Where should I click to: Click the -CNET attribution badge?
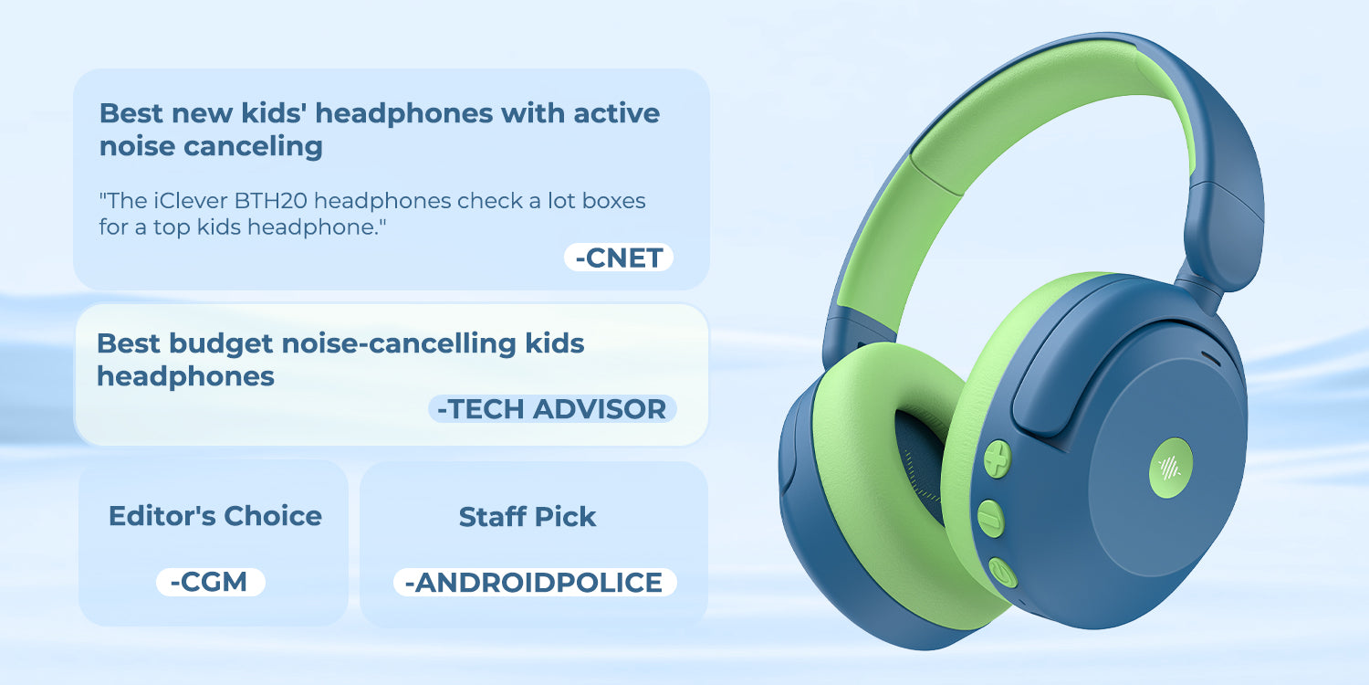(x=619, y=258)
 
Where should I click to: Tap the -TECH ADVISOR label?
(x=552, y=409)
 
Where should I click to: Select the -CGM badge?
(x=211, y=582)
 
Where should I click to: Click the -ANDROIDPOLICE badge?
(x=535, y=582)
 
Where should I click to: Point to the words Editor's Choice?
(x=215, y=516)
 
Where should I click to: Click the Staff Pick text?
(x=528, y=517)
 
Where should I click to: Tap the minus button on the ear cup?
(x=991, y=517)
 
